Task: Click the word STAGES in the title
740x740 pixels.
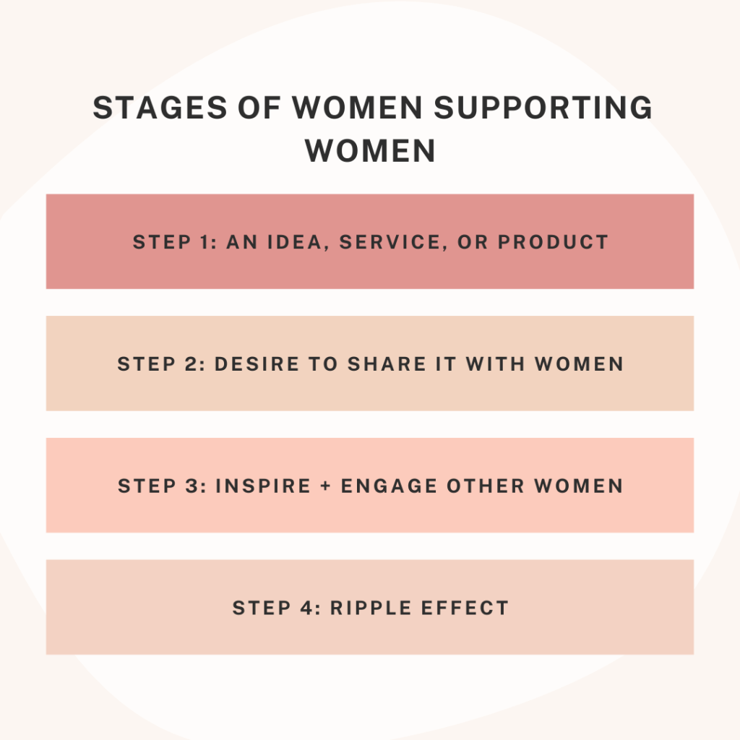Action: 160,108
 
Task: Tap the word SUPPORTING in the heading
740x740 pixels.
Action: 543,108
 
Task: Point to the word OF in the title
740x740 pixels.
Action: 259,108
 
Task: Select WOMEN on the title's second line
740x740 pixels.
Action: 370,151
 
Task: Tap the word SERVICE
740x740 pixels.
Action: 391,242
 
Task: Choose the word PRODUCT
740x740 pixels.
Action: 553,242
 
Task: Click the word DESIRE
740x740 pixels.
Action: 257,364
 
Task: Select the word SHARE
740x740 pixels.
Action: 387,364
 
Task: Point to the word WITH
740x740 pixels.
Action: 496,364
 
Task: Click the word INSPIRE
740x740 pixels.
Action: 263,486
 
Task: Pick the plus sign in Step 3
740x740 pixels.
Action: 326,486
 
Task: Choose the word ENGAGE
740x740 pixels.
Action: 389,486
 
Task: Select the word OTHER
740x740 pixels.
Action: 486,486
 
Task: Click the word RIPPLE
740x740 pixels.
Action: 371,608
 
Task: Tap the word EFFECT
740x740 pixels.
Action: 465,608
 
